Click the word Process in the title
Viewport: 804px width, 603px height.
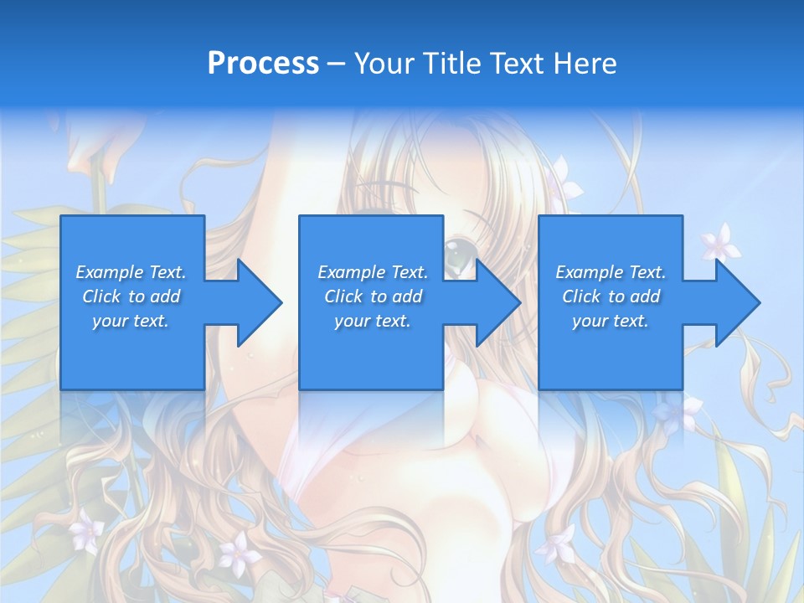click(263, 63)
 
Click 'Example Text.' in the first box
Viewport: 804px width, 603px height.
click(131, 272)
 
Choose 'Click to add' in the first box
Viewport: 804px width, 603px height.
click(131, 296)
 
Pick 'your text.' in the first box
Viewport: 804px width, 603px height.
click(131, 321)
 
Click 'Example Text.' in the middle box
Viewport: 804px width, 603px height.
click(373, 272)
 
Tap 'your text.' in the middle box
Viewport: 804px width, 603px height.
click(373, 321)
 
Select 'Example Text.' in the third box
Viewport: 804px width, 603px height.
click(611, 272)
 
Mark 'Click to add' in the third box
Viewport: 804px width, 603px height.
click(611, 296)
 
